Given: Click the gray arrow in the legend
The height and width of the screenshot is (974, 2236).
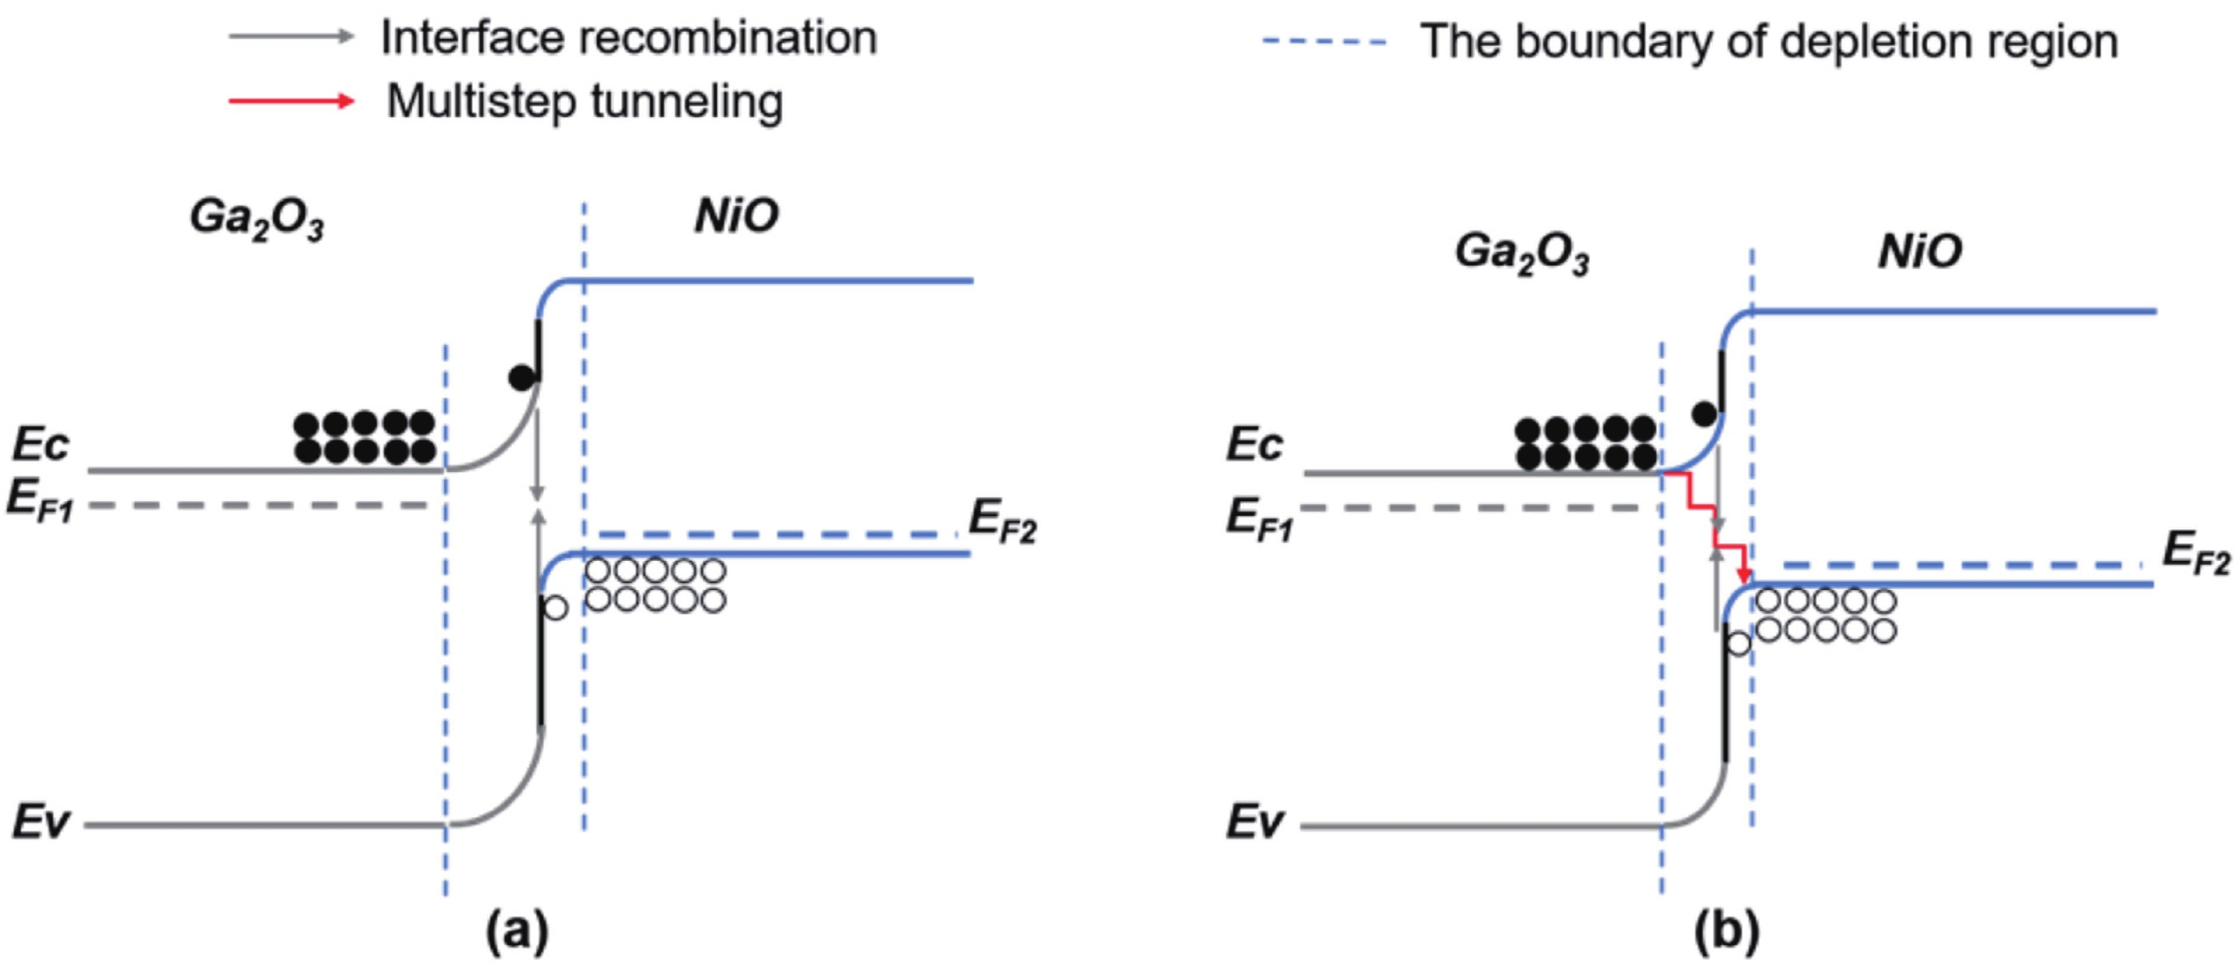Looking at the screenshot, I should click(x=291, y=36).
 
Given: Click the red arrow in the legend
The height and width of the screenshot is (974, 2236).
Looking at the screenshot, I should click(x=291, y=102).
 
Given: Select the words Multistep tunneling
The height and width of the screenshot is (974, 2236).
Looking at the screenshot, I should click(x=584, y=102).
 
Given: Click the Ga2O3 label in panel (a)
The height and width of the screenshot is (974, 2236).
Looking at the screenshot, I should click(x=257, y=218).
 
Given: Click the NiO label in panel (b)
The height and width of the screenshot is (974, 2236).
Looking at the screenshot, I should click(x=1920, y=252).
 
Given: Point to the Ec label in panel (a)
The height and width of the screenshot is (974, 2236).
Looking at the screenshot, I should click(x=40, y=444).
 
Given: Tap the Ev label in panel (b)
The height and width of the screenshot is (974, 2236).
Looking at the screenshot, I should click(x=1254, y=821).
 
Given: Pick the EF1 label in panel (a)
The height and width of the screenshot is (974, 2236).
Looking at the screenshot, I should click(x=40, y=502).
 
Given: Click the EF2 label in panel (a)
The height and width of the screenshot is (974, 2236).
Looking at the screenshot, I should click(x=1002, y=521).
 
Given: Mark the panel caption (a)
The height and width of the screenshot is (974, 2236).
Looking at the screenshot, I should click(x=517, y=931).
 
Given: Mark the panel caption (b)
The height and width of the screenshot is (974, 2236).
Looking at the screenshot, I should click(x=1726, y=931).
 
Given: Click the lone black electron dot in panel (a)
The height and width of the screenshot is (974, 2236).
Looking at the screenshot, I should click(x=521, y=378).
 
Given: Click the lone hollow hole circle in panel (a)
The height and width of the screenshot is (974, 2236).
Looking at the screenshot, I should click(x=556, y=608).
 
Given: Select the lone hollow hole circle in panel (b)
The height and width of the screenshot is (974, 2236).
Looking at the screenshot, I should click(x=1738, y=643).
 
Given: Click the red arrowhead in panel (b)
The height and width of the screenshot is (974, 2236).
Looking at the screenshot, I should click(x=1744, y=576).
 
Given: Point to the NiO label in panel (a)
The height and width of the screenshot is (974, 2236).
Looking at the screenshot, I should click(x=736, y=216).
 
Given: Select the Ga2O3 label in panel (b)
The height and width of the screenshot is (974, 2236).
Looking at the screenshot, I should click(x=1522, y=253).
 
